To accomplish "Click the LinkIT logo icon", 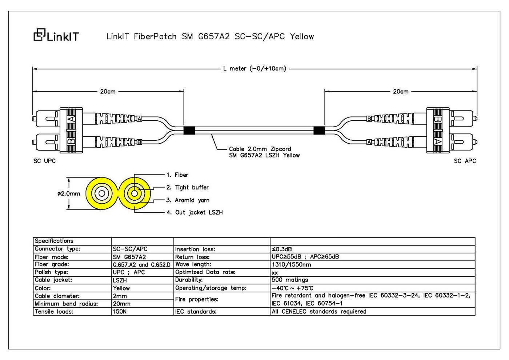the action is (x=40, y=35).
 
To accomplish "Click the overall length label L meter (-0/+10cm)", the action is (x=254, y=68).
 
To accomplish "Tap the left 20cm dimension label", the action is (x=108, y=91).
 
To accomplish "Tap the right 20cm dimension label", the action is (x=401, y=91).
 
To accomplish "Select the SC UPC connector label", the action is (x=44, y=161).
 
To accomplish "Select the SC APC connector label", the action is (x=465, y=161).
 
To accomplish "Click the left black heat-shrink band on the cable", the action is (x=189, y=131).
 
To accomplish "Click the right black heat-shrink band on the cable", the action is (x=319, y=131).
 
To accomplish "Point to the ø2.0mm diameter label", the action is (x=69, y=193).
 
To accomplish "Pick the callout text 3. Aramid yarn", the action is (x=188, y=200).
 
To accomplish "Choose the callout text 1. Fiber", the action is (x=177, y=175).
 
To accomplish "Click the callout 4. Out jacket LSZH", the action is (x=195, y=212).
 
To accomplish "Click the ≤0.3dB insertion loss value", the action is (x=282, y=249).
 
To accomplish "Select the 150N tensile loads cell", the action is (x=120, y=311).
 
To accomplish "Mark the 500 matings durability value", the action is (x=290, y=280).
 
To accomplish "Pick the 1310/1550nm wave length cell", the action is (x=291, y=265).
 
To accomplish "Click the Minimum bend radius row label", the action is (x=66, y=304).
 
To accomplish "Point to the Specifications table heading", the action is (x=54, y=241).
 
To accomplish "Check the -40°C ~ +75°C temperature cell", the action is (x=292, y=288).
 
